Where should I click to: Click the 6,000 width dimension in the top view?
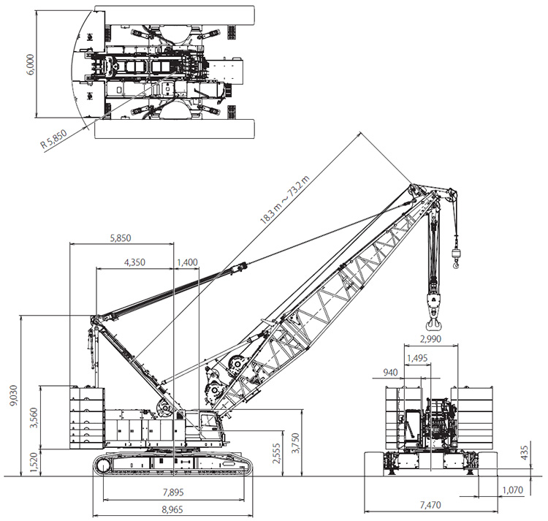pos(31,64)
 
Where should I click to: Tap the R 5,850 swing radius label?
pos(53,139)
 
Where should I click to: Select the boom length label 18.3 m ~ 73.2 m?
pos(285,200)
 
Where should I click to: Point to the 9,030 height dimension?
pos(13,395)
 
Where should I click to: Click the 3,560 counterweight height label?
pos(34,417)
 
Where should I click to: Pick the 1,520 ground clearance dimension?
pos(34,463)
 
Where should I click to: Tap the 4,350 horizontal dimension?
pos(134,262)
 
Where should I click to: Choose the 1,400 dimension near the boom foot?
pos(187,262)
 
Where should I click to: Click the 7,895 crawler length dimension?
pos(173,493)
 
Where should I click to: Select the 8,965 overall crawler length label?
pos(172,509)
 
